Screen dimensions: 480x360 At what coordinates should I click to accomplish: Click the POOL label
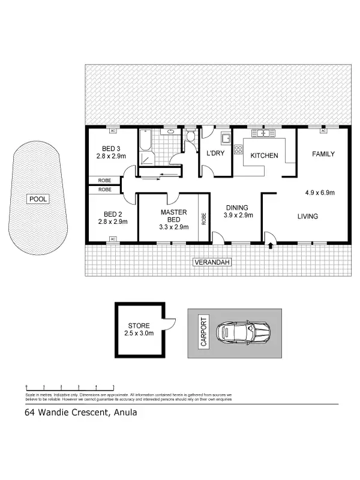[x=37, y=199]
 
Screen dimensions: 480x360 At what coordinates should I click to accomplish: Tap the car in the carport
[x=245, y=331]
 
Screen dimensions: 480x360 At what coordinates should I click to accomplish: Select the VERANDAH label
[x=211, y=262]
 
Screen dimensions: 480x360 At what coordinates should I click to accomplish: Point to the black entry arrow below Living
[x=270, y=245]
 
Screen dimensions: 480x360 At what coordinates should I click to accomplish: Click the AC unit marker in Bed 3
[x=112, y=130]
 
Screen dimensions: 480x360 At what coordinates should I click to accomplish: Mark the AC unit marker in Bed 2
[x=112, y=239]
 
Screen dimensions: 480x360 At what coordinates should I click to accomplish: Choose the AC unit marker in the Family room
[x=323, y=130]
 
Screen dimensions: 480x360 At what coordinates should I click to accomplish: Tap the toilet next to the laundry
[x=190, y=136]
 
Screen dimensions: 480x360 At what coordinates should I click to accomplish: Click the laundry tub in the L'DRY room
[x=226, y=138]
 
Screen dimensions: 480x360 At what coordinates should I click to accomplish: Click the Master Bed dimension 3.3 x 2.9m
[x=174, y=227]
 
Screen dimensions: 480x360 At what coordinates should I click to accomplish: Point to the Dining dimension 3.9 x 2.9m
[x=238, y=215]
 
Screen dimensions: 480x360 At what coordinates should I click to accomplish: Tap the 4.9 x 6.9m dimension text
[x=319, y=193]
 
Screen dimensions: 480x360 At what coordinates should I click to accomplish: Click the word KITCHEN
[x=264, y=155]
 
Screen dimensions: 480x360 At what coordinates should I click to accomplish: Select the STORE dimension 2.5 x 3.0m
[x=139, y=333]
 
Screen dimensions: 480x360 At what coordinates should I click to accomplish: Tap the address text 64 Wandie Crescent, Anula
[x=76, y=412]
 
